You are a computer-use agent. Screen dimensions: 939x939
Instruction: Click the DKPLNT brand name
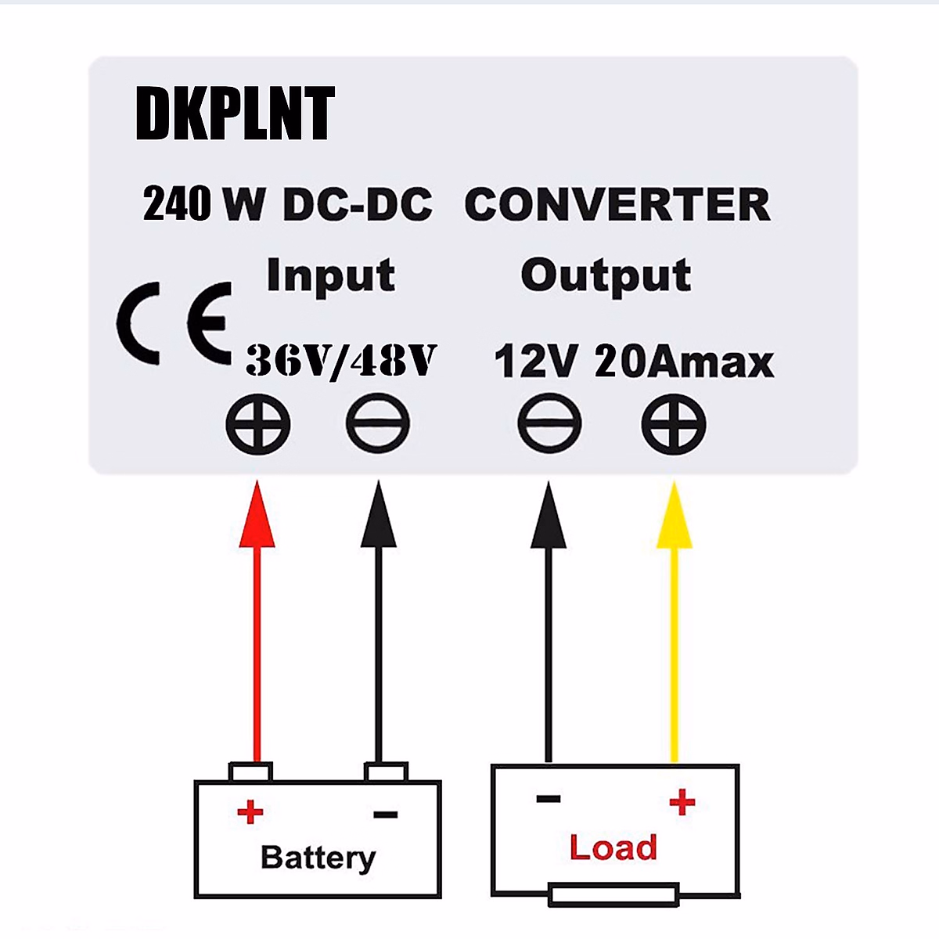click(x=235, y=113)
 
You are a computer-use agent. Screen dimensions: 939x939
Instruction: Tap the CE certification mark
click(x=174, y=322)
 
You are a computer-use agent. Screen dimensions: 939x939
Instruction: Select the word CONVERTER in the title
click(x=617, y=204)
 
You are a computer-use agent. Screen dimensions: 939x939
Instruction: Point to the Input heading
click(x=331, y=275)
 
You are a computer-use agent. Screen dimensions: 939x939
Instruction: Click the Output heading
click(x=606, y=275)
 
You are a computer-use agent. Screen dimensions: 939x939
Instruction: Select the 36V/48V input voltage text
click(x=341, y=361)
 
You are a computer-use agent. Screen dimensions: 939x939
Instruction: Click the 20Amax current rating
click(x=684, y=361)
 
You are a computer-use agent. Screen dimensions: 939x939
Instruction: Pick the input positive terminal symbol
click(x=257, y=423)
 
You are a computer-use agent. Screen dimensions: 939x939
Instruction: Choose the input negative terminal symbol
click(x=378, y=423)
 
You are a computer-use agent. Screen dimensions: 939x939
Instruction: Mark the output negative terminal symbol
click(x=549, y=423)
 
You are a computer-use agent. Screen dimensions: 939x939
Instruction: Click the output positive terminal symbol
click(x=674, y=423)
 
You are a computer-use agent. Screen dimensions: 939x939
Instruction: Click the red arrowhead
click(x=257, y=514)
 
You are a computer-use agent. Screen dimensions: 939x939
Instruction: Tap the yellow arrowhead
click(x=674, y=515)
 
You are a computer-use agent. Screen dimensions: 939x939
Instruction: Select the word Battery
click(x=318, y=858)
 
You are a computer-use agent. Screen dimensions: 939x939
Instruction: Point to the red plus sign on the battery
click(x=250, y=811)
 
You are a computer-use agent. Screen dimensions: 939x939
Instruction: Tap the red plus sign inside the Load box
click(x=682, y=802)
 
